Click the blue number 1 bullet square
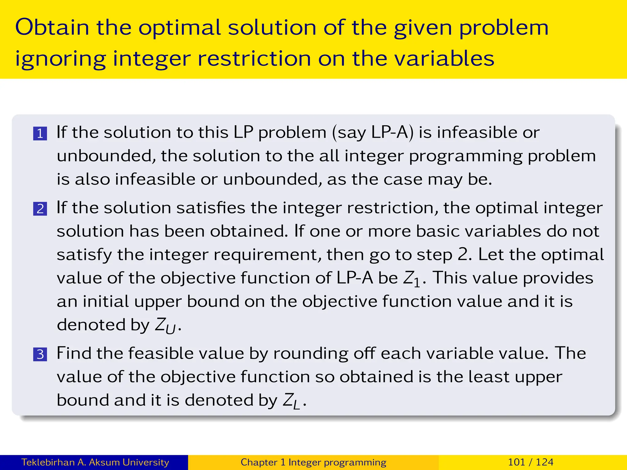click(40, 134)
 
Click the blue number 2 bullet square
click(40, 209)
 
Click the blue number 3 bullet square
click(40, 354)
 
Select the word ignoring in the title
click(60, 59)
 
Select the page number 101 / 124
click(531, 462)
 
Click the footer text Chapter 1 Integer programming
click(313, 462)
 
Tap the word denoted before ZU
click(91, 325)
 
